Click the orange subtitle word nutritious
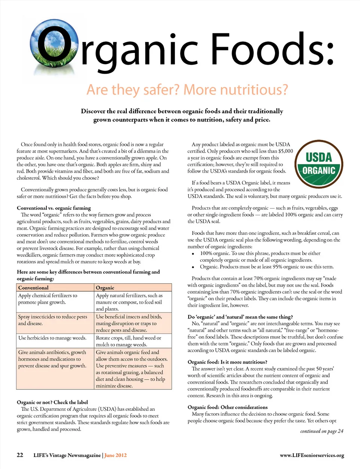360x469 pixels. click(x=254, y=90)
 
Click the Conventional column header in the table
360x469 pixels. click(x=33, y=288)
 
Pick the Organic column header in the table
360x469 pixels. click(x=105, y=288)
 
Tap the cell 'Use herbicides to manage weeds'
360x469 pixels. click(x=52, y=338)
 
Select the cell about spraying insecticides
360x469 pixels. click(x=52, y=320)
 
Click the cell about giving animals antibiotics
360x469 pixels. click(x=52, y=359)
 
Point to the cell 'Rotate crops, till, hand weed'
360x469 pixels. click(x=128, y=341)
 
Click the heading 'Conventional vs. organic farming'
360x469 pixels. click(x=54, y=208)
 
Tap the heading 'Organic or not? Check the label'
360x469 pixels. click(x=52, y=402)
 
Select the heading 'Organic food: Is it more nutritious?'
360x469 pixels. click(x=227, y=362)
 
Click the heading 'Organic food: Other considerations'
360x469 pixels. click(x=227, y=407)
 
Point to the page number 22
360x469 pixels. click(x=20, y=455)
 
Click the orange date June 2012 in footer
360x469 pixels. click(x=115, y=455)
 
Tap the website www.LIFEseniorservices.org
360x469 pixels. click(x=312, y=455)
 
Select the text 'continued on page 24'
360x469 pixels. click(x=321, y=431)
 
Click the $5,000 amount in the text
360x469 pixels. click(x=285, y=151)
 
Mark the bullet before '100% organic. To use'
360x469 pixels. click(x=193, y=254)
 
